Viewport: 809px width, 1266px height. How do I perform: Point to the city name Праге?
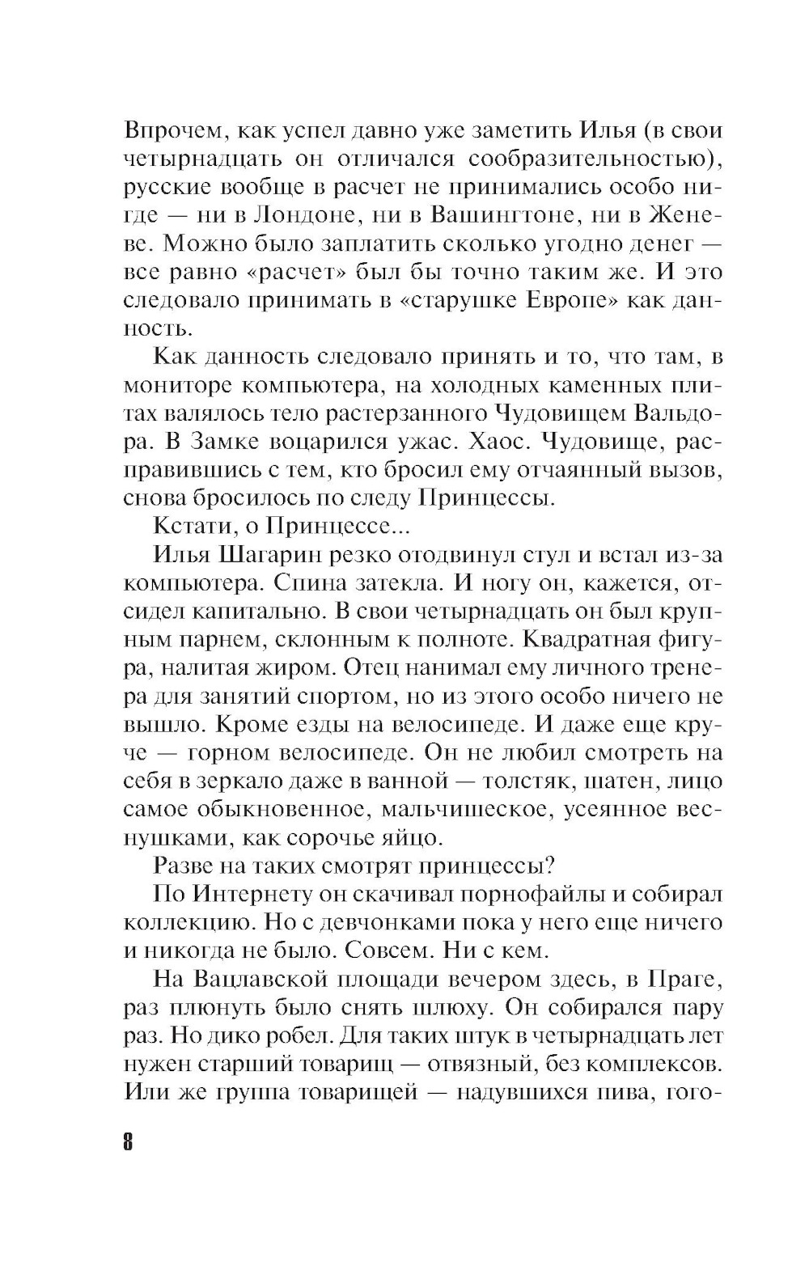684,979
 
